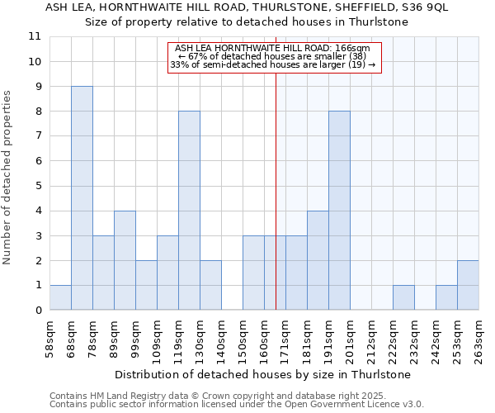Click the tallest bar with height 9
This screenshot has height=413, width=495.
pos(82,198)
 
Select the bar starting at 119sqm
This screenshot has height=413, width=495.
pos(189,211)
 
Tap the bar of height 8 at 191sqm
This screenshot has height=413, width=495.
pos(339,211)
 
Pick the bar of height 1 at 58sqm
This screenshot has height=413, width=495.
pos(60,298)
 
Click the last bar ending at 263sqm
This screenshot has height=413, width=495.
pos(468,286)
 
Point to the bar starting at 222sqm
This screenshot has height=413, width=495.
pos(403,298)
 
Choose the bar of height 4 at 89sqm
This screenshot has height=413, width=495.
pos(125,260)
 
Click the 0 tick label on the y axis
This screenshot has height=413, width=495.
pos(38,311)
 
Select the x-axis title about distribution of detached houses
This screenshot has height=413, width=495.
pos(265,374)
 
